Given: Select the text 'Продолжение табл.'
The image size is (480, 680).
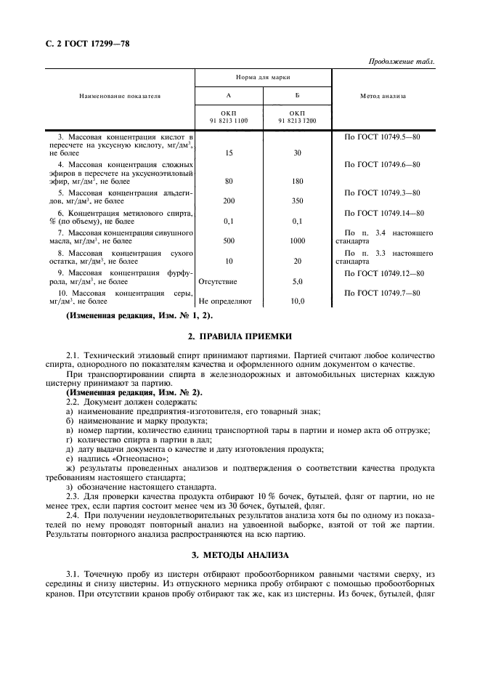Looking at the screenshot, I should tap(401, 61).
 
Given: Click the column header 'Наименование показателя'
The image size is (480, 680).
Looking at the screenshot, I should tap(120, 96).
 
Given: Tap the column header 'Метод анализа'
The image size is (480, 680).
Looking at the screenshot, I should tap(383, 96).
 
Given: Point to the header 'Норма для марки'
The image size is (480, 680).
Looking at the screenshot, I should tap(263, 76).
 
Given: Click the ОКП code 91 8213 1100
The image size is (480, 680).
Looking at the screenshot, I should tap(228, 121).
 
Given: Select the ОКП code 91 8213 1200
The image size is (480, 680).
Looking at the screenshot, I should tap(297, 121).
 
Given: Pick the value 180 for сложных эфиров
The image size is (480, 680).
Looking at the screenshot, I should tap(297, 182).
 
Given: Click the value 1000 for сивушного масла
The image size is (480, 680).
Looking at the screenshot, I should tap(297, 240).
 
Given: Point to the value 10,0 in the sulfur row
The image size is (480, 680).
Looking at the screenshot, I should tap(297, 300).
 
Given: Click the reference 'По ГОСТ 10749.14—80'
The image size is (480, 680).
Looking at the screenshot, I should tap(383, 212).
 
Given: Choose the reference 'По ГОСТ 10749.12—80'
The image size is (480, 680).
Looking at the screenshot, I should tap(383, 272).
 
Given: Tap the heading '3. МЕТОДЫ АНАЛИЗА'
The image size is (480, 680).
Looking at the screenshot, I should tap(240, 556).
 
